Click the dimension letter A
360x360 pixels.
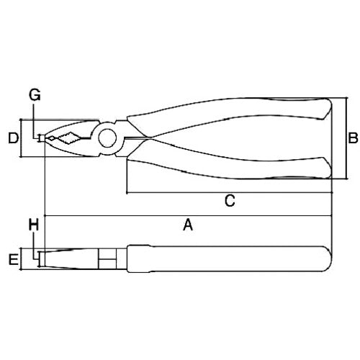pos(188,226)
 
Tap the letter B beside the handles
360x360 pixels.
pos(354,137)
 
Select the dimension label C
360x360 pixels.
pos(228,202)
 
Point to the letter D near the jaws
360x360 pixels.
pos(12,137)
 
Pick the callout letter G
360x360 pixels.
pos(34,94)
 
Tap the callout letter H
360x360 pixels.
pos(33,226)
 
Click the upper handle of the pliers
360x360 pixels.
pos(230,115)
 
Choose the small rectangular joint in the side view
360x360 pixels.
pos(107,257)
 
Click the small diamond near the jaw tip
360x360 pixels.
pos(52,138)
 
